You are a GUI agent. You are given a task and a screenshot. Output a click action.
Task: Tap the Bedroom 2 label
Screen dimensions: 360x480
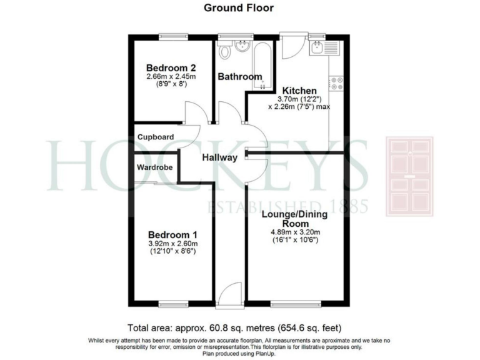[171, 67]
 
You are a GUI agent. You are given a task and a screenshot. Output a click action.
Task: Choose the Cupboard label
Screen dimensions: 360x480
[156, 137]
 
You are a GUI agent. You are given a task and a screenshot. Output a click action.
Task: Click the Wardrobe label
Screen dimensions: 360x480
[156, 167]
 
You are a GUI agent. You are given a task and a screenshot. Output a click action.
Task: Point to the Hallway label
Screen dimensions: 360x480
[219, 158]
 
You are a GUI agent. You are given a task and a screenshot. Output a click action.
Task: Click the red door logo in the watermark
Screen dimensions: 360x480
[409, 176]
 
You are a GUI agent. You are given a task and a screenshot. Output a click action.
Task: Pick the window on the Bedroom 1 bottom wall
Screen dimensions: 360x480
[173, 304]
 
